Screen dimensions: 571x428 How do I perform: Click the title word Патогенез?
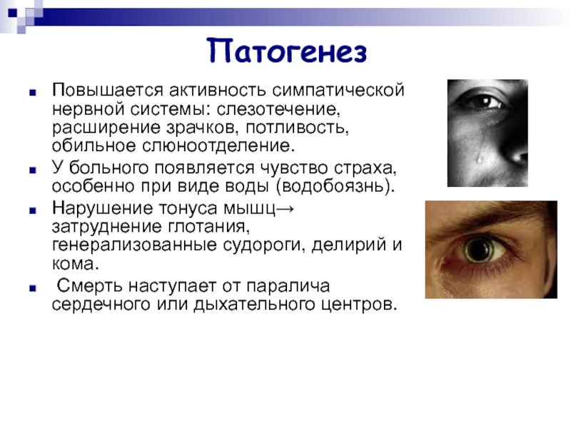(287, 51)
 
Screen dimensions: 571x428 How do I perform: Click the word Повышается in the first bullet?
(108, 91)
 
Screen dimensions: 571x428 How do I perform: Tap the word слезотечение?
(278, 110)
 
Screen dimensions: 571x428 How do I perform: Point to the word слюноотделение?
(218, 146)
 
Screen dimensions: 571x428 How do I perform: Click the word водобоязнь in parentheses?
(335, 186)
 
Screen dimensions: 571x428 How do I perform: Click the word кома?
(76, 263)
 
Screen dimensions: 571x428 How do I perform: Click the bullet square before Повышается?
(33, 93)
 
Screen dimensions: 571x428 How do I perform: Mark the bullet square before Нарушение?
(33, 210)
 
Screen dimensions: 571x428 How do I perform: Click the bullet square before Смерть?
(33, 289)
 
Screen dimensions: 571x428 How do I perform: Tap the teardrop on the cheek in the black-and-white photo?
(480, 158)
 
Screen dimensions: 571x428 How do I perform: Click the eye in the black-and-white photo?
(481, 101)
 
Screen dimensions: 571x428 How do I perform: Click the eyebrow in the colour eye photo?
(485, 221)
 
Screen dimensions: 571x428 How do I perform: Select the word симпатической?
(338, 91)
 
